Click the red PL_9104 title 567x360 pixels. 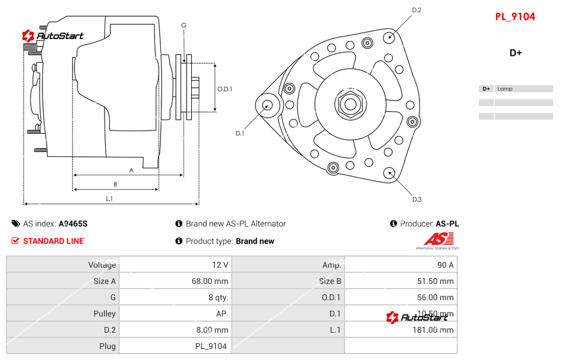click(515, 16)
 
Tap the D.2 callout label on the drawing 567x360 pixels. click(417, 10)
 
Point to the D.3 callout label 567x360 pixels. click(417, 199)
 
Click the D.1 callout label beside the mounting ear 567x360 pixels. click(240, 133)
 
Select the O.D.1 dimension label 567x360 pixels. click(225, 89)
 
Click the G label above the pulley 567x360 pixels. click(184, 25)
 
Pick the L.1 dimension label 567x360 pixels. click(109, 199)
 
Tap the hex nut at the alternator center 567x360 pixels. click(349, 105)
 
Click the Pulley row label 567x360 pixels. click(105, 314)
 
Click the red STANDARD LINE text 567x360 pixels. click(53, 241)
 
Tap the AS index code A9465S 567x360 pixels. click(73, 224)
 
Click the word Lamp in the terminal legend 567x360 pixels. click(505, 89)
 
